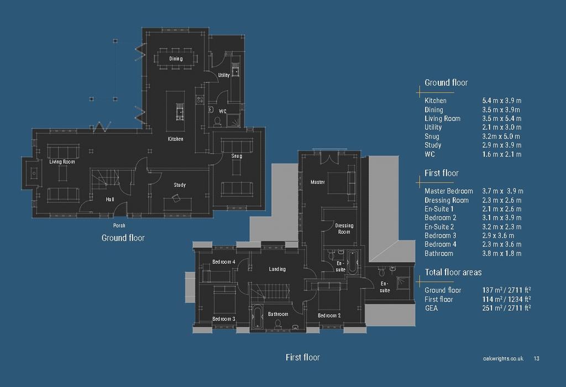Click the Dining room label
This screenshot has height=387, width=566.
pos(176,59)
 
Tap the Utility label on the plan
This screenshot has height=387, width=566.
pos(224,75)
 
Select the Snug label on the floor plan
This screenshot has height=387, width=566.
pos(237,156)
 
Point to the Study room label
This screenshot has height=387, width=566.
pos(180,185)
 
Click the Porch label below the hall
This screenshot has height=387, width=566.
pos(119,225)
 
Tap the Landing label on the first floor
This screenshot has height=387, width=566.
pos(277,269)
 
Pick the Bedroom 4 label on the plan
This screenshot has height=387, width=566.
pos(224,262)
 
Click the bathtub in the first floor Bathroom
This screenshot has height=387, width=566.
pos(257,317)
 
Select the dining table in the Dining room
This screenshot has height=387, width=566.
pos(176,59)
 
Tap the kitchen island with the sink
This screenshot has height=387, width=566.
pos(175,111)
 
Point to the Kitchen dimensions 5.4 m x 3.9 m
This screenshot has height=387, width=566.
pos(502,101)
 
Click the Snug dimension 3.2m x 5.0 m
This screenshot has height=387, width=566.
pos(501,137)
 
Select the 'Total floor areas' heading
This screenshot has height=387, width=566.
pos(453,272)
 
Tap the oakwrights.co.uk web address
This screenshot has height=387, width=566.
pos(503,358)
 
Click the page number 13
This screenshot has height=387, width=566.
pos(536,358)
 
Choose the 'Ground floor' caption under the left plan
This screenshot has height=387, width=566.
pos(123,238)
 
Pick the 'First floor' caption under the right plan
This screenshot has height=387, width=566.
pos(302,357)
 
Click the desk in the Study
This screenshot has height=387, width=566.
pos(178,203)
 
